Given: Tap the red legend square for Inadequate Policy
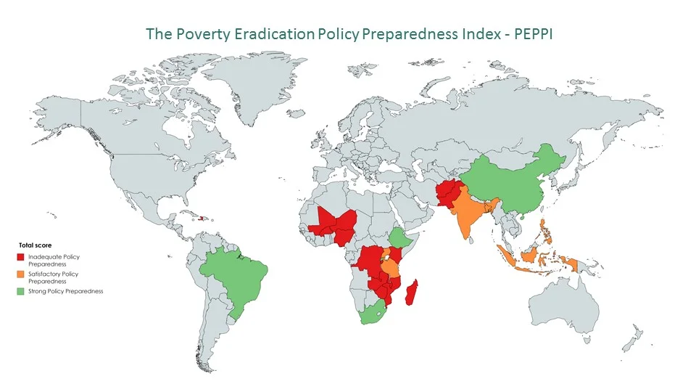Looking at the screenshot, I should (21, 257).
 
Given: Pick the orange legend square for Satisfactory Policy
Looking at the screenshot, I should (21, 274).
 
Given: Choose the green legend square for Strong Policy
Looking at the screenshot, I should (21, 291).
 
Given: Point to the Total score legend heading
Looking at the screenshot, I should (35, 245).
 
